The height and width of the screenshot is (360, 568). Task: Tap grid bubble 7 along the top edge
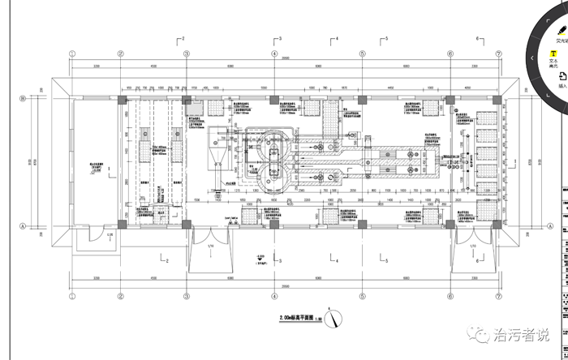click(x=497, y=54)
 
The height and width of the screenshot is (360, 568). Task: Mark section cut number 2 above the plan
click(x=183, y=38)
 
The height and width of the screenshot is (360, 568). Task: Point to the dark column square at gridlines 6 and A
click(x=450, y=220)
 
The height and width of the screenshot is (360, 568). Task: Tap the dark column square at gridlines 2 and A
click(x=121, y=220)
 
